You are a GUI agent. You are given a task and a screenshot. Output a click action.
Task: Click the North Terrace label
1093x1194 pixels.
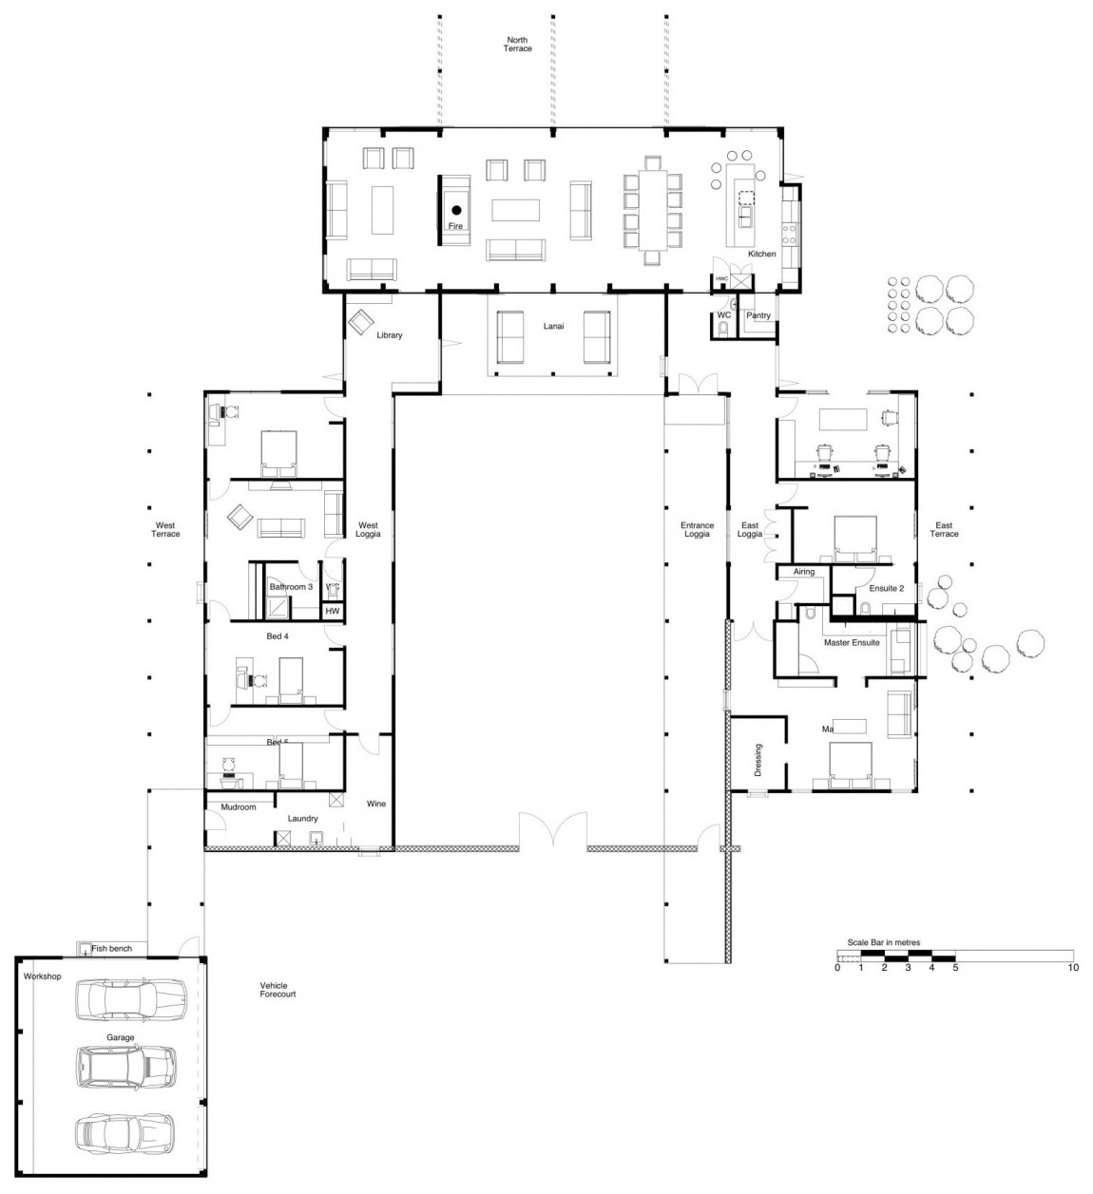(518, 44)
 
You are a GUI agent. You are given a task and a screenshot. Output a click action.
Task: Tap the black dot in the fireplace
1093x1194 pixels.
(456, 210)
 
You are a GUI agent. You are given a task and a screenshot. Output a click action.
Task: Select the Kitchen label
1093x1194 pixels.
(761, 254)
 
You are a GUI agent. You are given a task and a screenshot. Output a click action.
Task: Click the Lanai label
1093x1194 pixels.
(553, 326)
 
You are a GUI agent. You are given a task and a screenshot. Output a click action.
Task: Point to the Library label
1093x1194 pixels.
(390, 335)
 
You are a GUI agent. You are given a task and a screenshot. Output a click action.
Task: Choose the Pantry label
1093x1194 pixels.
(757, 315)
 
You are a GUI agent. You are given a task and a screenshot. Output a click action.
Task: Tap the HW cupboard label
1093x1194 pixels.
(332, 611)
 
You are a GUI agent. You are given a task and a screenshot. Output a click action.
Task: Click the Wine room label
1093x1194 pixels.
(376, 804)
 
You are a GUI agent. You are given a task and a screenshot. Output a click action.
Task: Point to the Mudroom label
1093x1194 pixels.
(239, 807)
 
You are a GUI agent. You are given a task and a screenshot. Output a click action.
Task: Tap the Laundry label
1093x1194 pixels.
(302, 818)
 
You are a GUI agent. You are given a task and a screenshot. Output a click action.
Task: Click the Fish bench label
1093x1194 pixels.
(111, 949)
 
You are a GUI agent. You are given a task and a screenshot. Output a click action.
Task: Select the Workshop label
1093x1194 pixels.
(42, 976)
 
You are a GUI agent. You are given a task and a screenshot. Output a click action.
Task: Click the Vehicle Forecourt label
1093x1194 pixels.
(278, 990)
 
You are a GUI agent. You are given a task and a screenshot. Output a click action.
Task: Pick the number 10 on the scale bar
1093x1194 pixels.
(1072, 968)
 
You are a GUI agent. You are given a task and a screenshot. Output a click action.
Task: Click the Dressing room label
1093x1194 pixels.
(757, 760)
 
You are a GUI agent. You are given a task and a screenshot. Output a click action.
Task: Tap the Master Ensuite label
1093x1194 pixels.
(852, 643)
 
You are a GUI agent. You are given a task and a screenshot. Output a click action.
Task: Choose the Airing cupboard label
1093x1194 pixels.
(804, 572)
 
